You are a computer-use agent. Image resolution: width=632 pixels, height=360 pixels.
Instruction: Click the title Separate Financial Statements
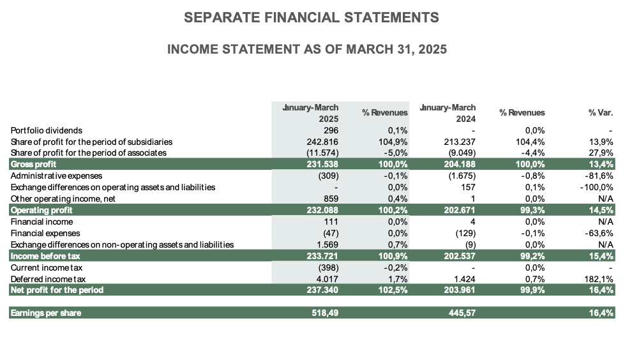(x=311, y=18)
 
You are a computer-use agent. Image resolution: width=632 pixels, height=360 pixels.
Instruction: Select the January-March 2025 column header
(x=311, y=113)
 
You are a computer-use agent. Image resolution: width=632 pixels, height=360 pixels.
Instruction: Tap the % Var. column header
(x=600, y=113)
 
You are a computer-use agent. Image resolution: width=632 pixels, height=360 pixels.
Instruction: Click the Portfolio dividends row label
(x=47, y=130)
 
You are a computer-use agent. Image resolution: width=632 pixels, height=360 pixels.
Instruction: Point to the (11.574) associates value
(x=321, y=153)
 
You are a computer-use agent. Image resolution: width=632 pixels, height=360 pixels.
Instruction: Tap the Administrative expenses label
(x=56, y=176)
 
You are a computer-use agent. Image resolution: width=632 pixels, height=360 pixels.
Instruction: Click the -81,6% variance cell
(x=599, y=176)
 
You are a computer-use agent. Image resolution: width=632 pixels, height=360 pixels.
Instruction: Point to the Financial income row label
(x=41, y=221)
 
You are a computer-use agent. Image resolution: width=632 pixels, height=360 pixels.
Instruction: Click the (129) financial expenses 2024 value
(x=464, y=233)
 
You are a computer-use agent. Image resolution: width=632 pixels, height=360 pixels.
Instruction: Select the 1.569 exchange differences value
(x=326, y=244)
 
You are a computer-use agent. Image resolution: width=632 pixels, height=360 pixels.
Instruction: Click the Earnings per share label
(x=45, y=313)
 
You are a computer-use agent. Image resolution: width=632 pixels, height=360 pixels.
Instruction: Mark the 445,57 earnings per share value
(x=460, y=313)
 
